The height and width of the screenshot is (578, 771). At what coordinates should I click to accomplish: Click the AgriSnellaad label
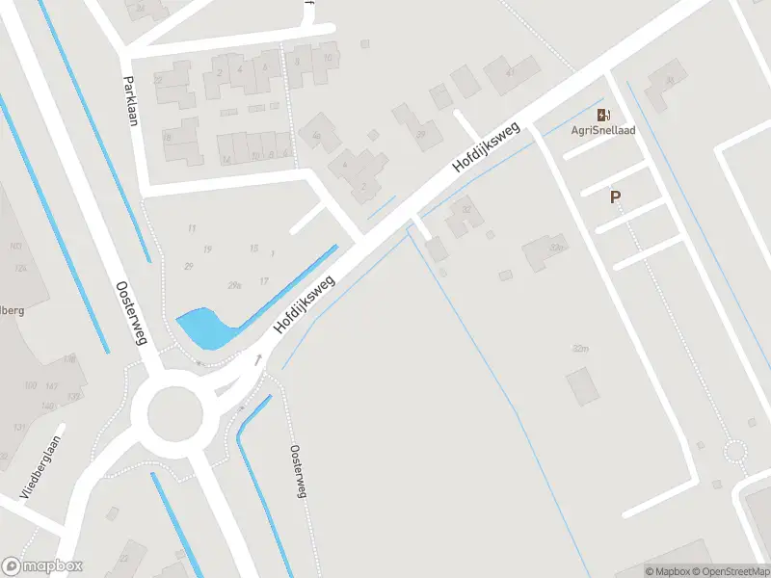coord(603,130)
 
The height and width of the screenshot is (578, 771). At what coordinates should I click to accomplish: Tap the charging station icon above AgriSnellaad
coord(603,114)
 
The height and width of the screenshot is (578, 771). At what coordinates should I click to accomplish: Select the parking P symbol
coord(614,197)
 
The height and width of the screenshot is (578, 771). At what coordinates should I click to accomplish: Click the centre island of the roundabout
coord(175,412)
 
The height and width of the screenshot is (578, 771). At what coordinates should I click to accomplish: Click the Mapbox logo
coord(42,566)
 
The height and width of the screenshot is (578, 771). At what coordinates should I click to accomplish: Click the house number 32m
coord(579,348)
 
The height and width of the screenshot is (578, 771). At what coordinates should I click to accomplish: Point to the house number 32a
coord(555,248)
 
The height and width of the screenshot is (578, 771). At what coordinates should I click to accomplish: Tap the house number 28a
coord(234,284)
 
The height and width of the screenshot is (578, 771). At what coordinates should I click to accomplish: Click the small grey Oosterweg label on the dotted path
coord(298,472)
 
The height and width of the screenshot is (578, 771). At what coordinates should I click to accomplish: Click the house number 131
coord(19,427)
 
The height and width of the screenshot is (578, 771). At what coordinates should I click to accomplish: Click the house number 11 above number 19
coord(192,228)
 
